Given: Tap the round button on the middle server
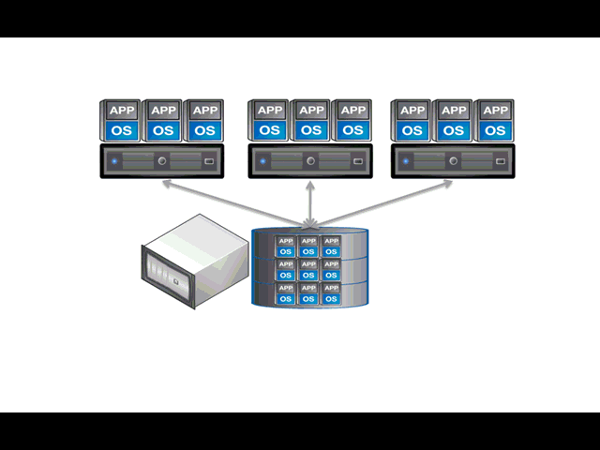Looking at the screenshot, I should (x=310, y=161).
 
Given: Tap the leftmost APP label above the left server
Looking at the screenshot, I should (x=122, y=111).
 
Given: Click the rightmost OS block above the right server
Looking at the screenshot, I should (x=494, y=129).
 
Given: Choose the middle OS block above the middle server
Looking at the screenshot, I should (x=311, y=129).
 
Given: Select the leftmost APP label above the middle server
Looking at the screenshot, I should (x=270, y=111).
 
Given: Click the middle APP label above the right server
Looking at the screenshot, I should (x=454, y=111).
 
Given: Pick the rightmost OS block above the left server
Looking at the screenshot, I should (x=203, y=129).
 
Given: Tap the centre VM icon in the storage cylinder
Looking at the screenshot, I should (x=308, y=270).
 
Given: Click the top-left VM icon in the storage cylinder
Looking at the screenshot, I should (x=286, y=247).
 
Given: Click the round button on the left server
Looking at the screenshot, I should (x=163, y=161).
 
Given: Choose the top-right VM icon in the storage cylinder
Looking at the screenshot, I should (x=331, y=247).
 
